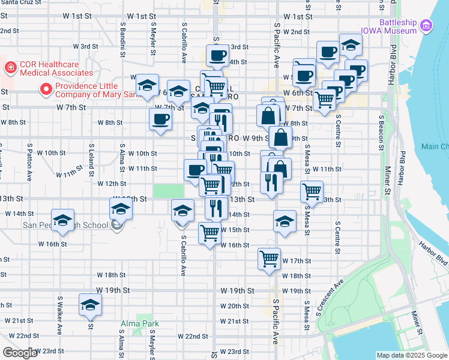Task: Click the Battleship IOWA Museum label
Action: point(388,26)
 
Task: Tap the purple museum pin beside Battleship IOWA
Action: point(426,26)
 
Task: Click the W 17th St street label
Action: point(297,260)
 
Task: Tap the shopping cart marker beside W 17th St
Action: point(270,259)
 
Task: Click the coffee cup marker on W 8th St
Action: point(160,119)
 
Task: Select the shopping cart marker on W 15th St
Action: point(209,232)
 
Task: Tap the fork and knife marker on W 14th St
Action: point(215,208)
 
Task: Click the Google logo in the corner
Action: point(20,353)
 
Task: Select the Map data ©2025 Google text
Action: point(412,355)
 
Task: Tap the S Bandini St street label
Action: point(122,37)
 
